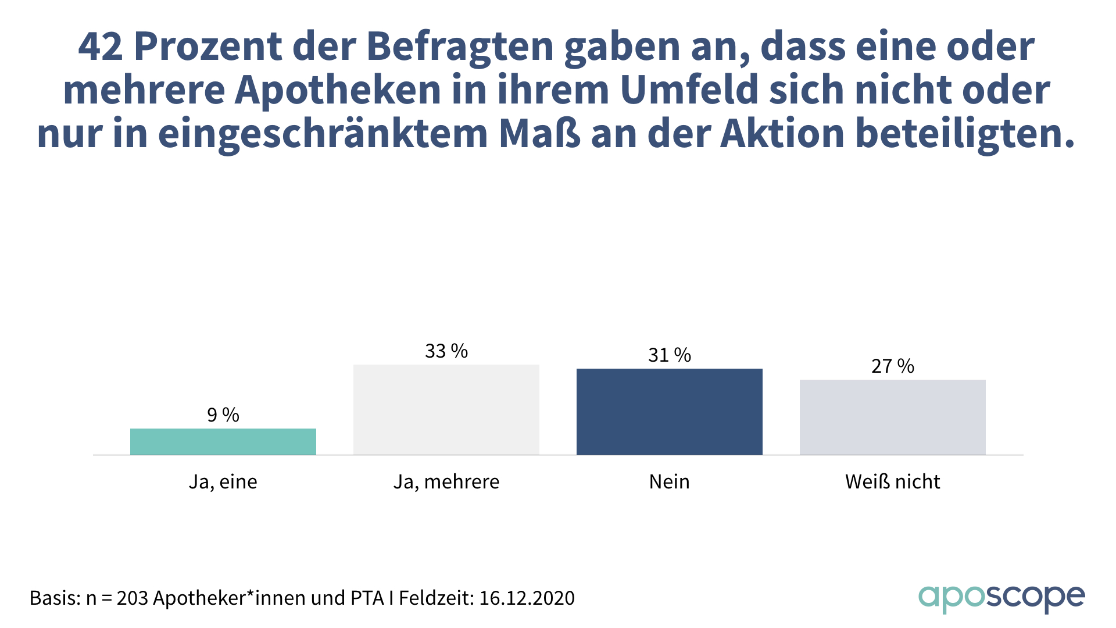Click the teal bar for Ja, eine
tap(223, 441)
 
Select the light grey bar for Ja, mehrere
tap(446, 409)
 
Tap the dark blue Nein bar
tap(670, 412)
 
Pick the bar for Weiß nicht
tap(893, 417)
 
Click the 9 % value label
tap(223, 415)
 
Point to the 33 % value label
tap(446, 351)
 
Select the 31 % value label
tap(670, 355)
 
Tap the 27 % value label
tap(893, 366)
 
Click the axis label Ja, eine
tap(223, 482)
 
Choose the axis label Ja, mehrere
tap(446, 482)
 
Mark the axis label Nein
tap(670, 482)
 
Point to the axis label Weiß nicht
tap(893, 482)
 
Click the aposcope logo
tap(1001, 598)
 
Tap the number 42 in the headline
tap(100, 47)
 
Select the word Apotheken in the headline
tap(338, 90)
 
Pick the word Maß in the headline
tap(539, 134)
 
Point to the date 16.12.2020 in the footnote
tap(527, 598)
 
